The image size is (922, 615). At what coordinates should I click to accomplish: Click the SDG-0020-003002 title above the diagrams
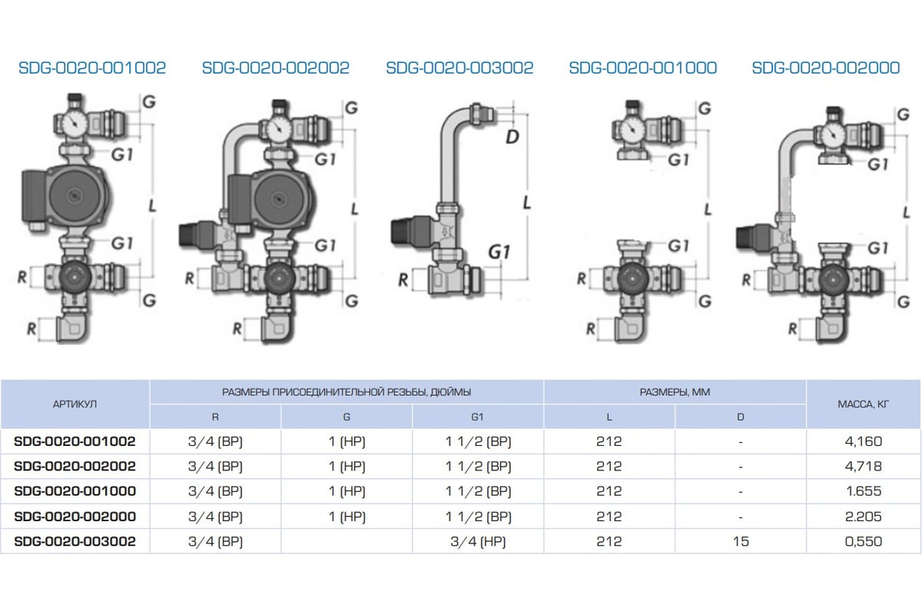click(x=459, y=68)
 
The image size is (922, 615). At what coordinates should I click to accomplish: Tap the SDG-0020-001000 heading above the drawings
click(x=642, y=68)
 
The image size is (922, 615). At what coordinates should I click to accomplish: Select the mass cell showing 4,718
click(x=863, y=467)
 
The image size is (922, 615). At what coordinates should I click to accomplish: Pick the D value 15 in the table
click(x=741, y=541)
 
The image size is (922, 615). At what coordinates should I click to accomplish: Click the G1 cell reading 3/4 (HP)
click(x=478, y=541)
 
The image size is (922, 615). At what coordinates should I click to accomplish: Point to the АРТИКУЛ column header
click(x=75, y=404)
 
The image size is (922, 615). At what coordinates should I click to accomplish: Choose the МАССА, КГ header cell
click(x=863, y=404)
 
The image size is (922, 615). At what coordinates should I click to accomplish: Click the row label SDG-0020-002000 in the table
click(x=75, y=517)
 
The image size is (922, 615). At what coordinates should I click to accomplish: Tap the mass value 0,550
click(x=863, y=541)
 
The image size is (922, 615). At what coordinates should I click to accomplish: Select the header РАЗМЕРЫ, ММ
click(x=675, y=392)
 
